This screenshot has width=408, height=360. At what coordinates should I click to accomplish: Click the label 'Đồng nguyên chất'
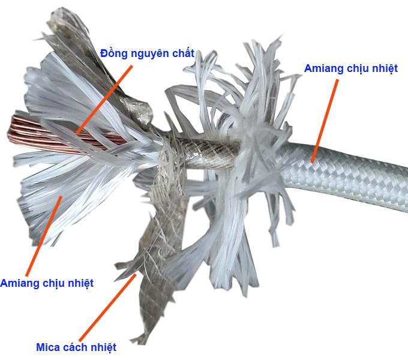[147, 53]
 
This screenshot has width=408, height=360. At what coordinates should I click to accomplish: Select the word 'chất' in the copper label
[183, 53]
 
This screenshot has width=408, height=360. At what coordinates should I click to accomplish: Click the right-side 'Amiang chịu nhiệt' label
[351, 68]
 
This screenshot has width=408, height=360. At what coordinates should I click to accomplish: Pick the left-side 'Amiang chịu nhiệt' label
[47, 283]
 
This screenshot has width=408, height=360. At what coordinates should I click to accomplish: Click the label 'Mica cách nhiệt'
[76, 347]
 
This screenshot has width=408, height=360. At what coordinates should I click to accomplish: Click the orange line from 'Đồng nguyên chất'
[104, 100]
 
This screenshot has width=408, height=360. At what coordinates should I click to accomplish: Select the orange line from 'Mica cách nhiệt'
[108, 307]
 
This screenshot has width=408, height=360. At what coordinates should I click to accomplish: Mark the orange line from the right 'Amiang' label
[325, 121]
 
